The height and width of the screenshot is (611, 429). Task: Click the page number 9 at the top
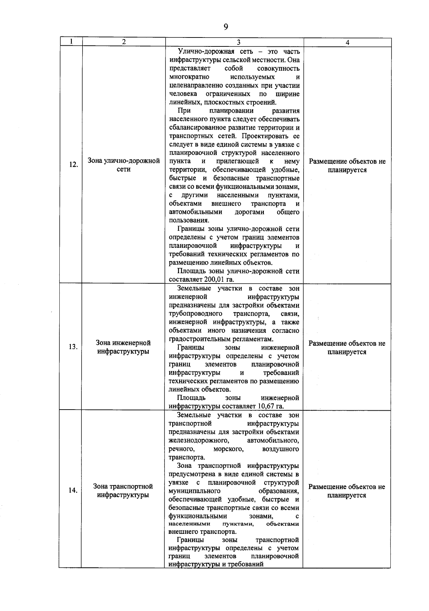(x=226, y=27)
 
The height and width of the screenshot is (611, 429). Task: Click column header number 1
(x=71, y=41)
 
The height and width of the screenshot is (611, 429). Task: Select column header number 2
(x=124, y=42)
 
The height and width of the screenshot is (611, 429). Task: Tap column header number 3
(x=238, y=42)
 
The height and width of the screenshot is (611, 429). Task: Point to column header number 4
(x=347, y=42)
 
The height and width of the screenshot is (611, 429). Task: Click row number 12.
(x=73, y=165)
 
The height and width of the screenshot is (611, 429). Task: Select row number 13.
(x=73, y=347)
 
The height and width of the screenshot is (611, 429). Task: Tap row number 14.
(x=73, y=490)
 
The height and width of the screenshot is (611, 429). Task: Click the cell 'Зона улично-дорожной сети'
(x=124, y=165)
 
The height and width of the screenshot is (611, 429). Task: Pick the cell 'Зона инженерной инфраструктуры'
(x=123, y=347)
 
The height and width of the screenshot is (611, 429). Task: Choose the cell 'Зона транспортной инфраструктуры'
(x=123, y=491)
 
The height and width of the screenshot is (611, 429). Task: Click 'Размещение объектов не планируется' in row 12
(x=347, y=165)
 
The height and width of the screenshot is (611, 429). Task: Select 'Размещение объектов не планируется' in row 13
(x=347, y=347)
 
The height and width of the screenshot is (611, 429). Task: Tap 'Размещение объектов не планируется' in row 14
(x=347, y=491)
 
